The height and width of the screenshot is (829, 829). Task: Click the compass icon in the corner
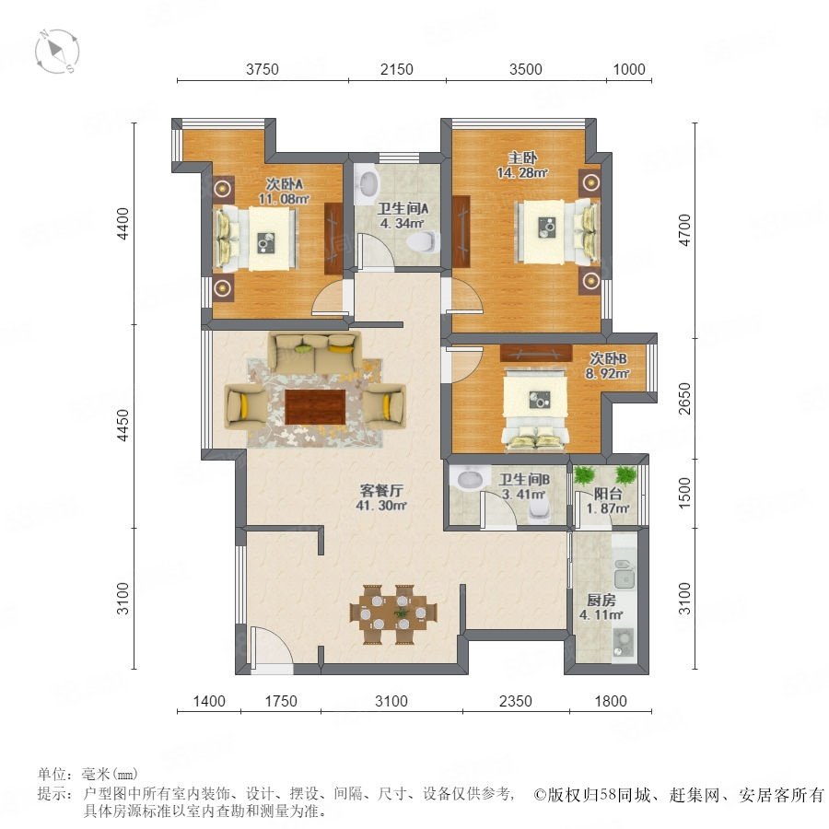(x=57, y=52)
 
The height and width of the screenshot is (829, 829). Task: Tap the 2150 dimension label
(x=396, y=69)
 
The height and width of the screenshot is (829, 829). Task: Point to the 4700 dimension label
(x=684, y=230)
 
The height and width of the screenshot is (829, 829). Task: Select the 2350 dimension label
(x=516, y=701)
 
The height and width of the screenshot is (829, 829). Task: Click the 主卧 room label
(x=522, y=158)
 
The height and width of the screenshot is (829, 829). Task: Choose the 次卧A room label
(x=284, y=184)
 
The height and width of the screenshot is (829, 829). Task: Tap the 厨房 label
(x=601, y=601)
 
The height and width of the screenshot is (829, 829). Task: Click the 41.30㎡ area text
(x=380, y=506)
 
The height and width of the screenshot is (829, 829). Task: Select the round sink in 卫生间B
(x=470, y=478)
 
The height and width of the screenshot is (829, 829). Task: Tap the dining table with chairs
(x=393, y=613)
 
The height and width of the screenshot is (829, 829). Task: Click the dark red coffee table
(x=316, y=406)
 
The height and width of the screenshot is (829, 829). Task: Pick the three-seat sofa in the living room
(x=315, y=352)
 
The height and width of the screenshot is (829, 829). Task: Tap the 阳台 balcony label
(x=608, y=495)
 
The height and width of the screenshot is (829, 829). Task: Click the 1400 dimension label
(x=209, y=701)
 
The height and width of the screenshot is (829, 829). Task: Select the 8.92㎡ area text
(x=608, y=374)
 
